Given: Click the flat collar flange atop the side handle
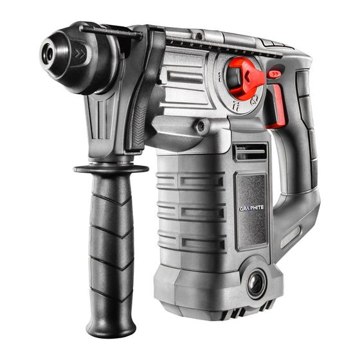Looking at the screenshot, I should tap(111, 168).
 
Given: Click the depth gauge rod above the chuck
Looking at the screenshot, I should tap(109, 30).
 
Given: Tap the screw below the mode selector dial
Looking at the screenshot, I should tap(202, 127).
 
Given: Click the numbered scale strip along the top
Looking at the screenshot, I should tap(212, 45).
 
